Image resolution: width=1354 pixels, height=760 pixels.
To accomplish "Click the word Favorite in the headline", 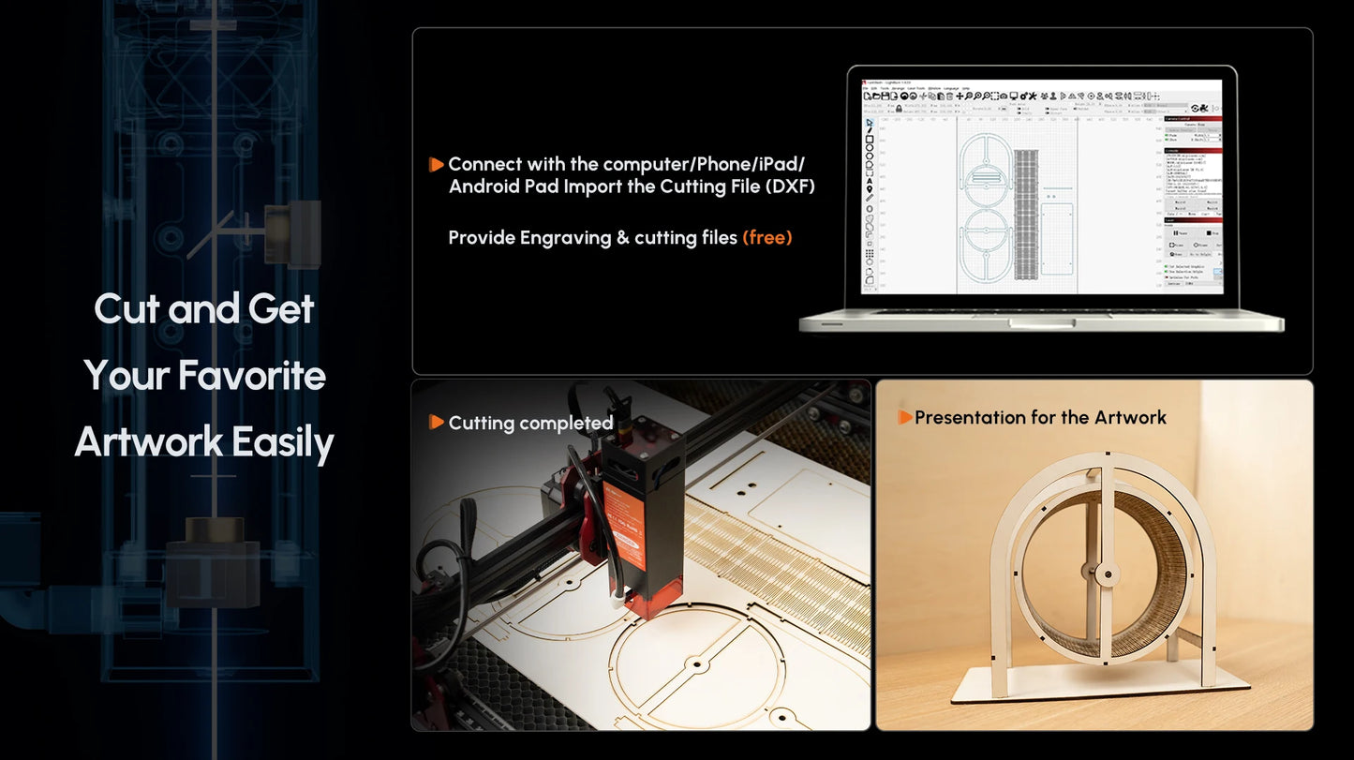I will pos(251,376).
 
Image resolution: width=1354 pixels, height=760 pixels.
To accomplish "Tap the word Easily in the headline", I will pos(283,443).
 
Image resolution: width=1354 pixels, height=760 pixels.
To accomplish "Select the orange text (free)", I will pos(766,238).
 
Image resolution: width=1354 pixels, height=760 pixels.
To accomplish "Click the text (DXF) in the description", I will pos(790,186).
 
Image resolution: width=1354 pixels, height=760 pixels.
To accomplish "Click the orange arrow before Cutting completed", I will pos(436,423).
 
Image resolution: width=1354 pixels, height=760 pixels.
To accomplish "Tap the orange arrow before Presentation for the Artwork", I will pos(904,417).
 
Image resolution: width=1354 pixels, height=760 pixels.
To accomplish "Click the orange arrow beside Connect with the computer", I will pos(436,165).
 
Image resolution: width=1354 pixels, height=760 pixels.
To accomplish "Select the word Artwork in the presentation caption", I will pos(1131,417).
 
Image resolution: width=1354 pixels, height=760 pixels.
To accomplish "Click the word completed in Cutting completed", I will pos(567,424).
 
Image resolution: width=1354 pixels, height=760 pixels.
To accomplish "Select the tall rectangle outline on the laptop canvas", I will pos(1056,240).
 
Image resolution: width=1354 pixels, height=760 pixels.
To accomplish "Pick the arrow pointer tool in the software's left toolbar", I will pos(870,122).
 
